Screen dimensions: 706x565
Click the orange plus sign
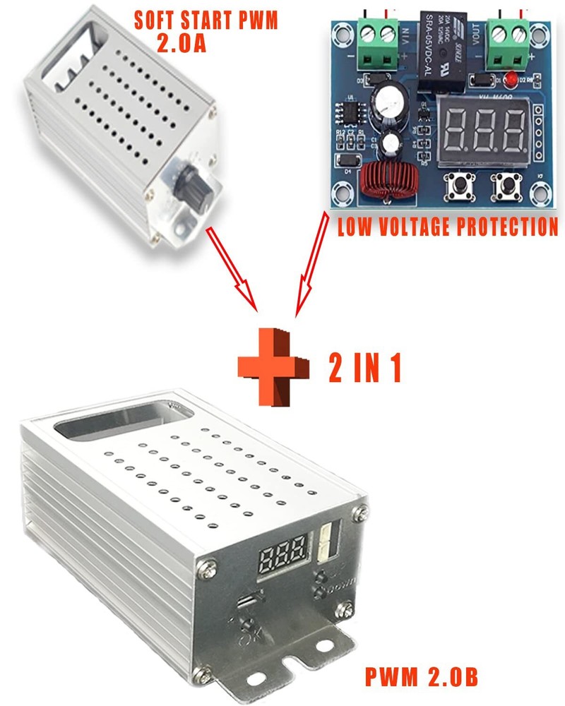coord(273,366)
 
